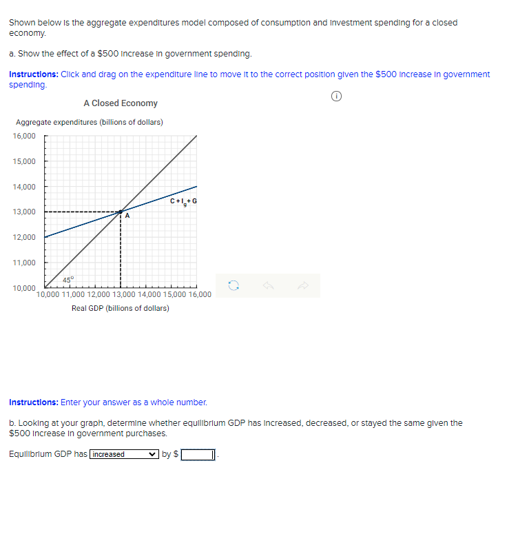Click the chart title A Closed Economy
tap(121, 103)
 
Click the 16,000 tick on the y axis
tap(24, 136)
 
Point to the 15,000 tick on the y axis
tap(24, 161)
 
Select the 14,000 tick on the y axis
tap(24, 187)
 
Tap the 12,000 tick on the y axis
tap(24, 237)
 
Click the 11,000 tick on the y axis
tap(24, 263)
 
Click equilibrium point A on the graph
tap(121, 212)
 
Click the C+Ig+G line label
tap(183, 201)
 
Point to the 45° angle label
tap(68, 279)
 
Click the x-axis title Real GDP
tap(121, 308)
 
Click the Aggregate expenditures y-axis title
tap(90, 122)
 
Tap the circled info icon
tap(336, 98)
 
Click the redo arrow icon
tap(304, 285)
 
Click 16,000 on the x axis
tap(198, 295)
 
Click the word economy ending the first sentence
tap(27, 33)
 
